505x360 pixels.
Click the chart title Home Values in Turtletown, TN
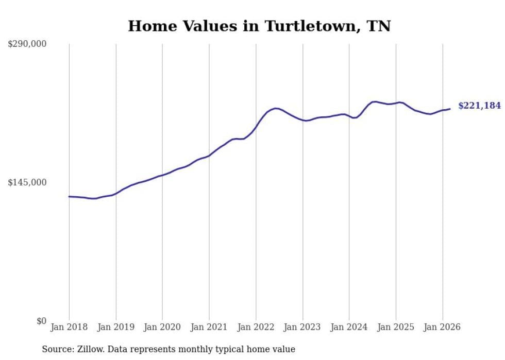point(259,26)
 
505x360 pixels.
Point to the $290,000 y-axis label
point(27,44)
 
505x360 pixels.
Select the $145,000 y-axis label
point(27,182)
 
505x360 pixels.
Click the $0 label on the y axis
point(42,321)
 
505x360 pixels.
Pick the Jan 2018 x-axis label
point(69,327)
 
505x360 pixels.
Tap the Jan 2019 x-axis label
point(116,327)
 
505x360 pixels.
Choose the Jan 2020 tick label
point(162,327)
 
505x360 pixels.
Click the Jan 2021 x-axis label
point(209,327)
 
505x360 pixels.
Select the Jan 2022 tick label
point(256,327)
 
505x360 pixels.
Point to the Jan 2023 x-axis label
point(302,327)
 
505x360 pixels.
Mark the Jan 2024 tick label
point(349,327)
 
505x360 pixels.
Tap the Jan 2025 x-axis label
point(396,327)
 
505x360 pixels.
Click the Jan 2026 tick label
point(442,327)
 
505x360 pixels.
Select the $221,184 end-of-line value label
point(479,106)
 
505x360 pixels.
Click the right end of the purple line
point(450,109)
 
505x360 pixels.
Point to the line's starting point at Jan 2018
point(69,196)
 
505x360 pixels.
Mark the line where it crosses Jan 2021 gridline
point(209,155)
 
